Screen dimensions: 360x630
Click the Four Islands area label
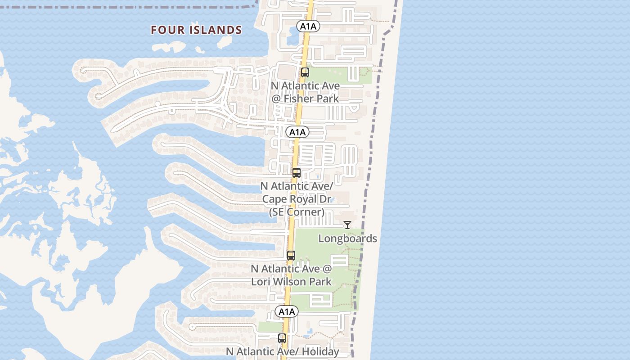196,30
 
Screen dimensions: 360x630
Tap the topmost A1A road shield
308,26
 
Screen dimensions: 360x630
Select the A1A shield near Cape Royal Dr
297,132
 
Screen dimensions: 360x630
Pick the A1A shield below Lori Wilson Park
287,312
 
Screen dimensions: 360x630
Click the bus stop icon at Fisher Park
305,72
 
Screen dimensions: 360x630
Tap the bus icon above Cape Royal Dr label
297,173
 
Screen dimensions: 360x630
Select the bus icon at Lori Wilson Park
291,256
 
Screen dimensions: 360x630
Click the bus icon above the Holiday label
282,338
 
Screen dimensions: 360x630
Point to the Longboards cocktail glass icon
347,225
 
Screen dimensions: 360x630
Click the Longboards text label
347,238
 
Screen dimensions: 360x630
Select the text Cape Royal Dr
297,199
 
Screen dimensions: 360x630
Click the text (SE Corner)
297,212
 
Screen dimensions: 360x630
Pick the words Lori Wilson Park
291,282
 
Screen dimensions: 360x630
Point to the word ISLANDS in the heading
216,30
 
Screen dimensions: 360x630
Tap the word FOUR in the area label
166,30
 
